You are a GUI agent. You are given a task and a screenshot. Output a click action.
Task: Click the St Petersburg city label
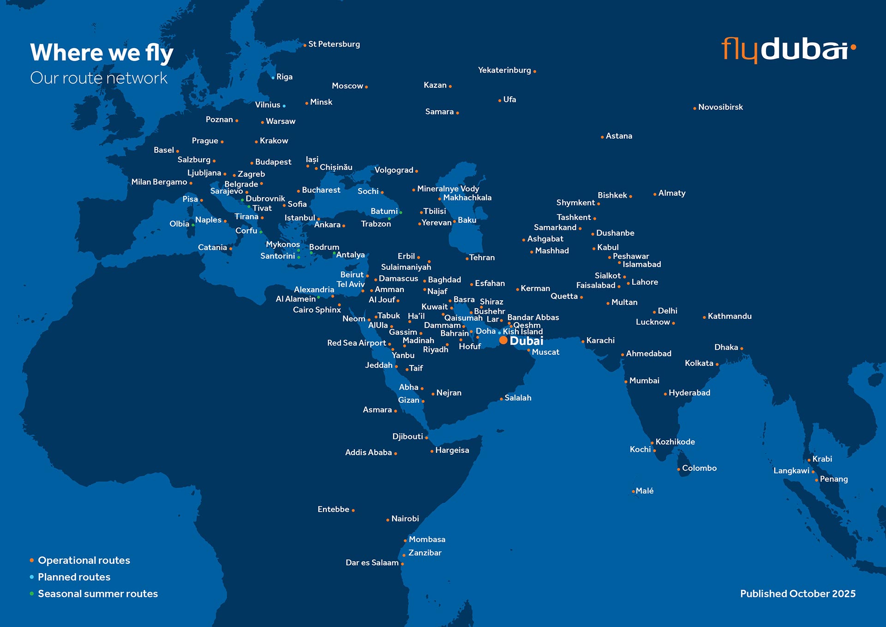(334, 44)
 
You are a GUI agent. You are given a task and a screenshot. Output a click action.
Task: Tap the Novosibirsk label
(720, 107)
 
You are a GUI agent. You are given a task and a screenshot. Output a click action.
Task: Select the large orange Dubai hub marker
(503, 341)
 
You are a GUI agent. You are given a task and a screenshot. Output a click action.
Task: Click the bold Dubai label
(527, 341)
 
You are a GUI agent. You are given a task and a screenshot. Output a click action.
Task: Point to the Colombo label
(699, 468)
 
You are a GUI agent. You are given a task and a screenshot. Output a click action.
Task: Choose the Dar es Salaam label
(372, 563)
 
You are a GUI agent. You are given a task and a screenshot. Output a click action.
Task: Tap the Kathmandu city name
(730, 317)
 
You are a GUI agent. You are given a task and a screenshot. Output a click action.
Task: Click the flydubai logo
(788, 49)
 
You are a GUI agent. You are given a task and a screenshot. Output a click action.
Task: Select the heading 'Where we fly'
(102, 52)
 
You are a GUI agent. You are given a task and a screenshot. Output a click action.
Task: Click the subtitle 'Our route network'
(99, 78)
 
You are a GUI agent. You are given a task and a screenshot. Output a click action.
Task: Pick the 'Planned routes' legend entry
(74, 577)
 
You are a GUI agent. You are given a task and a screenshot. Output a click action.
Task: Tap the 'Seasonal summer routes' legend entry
(97, 594)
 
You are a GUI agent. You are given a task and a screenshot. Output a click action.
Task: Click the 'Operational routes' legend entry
(84, 560)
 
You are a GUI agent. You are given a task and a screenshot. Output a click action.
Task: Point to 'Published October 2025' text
(797, 594)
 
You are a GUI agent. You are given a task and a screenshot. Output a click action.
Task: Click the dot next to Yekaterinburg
(534, 72)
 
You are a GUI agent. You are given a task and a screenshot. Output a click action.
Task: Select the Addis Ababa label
(368, 453)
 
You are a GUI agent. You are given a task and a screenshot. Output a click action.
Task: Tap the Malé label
(644, 491)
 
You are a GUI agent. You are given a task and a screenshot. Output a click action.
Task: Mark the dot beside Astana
(602, 137)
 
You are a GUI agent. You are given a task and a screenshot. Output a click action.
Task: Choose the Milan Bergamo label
(159, 182)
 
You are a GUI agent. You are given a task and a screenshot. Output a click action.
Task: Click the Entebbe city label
(333, 510)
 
